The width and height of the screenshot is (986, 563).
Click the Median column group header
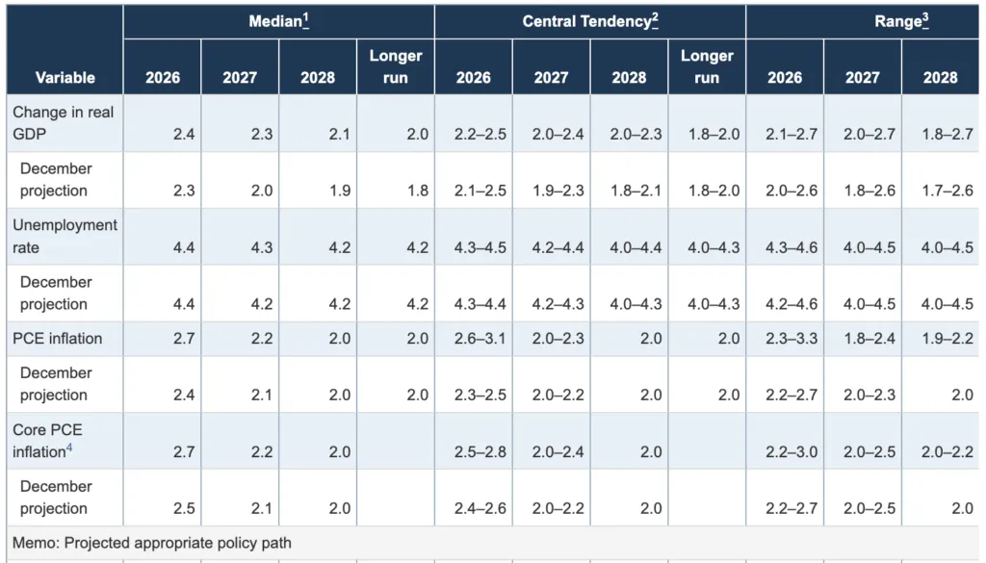point(275,21)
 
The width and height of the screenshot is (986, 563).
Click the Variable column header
point(65,77)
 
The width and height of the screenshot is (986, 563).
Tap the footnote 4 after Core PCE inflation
point(69,448)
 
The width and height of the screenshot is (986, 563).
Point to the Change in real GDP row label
point(63,122)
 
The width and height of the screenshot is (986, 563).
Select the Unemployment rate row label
point(65,236)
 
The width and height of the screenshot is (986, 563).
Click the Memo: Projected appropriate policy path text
point(151,544)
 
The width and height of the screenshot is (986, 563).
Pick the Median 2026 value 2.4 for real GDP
point(184,134)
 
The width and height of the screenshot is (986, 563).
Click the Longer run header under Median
point(396,66)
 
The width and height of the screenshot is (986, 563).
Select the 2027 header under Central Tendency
point(551,77)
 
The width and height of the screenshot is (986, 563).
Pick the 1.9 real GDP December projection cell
point(340,191)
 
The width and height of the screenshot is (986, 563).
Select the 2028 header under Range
point(940,77)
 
